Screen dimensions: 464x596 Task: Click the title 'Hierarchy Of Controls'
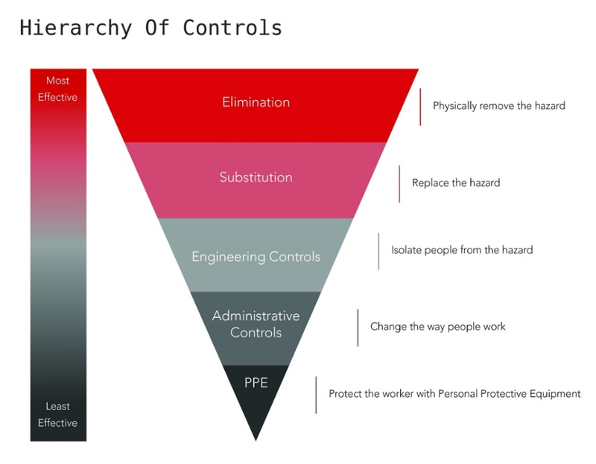(150, 28)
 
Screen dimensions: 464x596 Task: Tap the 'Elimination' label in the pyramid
(256, 102)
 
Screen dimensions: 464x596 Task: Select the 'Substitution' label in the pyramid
(256, 178)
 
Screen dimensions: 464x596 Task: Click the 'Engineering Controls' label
(256, 257)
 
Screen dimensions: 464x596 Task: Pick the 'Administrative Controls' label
(256, 324)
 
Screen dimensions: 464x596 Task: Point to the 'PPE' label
(256, 383)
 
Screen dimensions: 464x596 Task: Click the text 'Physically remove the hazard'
(498, 106)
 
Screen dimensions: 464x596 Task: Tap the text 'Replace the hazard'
(455, 183)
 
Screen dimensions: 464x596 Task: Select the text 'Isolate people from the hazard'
(462, 250)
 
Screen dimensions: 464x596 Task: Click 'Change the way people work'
(437, 327)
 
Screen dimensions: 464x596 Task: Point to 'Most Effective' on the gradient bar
(57, 89)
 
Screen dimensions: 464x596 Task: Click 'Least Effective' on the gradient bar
(57, 415)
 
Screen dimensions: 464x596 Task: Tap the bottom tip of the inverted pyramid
(256, 438)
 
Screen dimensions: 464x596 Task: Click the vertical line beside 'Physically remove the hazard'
(420, 107)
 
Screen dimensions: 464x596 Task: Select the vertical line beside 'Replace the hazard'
(399, 184)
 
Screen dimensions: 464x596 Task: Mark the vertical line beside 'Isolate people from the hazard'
(378, 251)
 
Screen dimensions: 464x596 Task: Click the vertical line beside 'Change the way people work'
(358, 327)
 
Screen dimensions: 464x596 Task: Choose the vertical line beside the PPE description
(316, 395)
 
